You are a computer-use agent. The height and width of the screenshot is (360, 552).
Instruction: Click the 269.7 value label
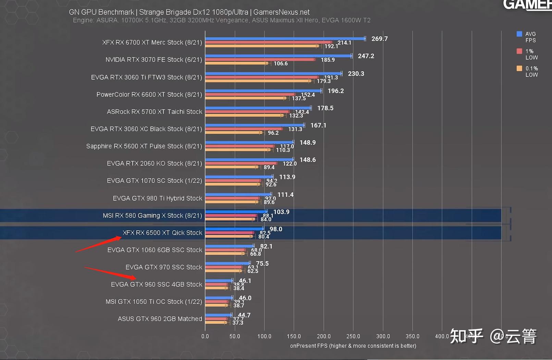[x=379, y=39]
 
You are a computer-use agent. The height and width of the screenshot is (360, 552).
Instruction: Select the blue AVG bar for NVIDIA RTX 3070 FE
[x=278, y=56]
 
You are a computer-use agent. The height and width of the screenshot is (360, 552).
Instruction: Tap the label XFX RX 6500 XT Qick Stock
[x=162, y=233]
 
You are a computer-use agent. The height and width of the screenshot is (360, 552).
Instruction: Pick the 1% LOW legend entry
[x=528, y=54]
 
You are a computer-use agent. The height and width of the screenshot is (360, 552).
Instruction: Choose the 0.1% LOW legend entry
[x=528, y=71]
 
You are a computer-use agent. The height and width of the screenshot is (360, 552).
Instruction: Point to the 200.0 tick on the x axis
[x=323, y=336]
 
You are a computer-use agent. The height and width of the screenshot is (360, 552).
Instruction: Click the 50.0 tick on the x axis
[x=235, y=336]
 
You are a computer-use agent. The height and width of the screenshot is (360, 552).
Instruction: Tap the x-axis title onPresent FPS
[x=353, y=346]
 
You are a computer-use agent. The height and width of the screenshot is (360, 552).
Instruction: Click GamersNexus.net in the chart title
[x=281, y=12]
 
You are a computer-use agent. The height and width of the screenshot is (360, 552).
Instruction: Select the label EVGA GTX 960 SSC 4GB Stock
[x=157, y=285]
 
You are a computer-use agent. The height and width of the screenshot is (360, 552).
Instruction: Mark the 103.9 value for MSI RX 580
[x=281, y=212]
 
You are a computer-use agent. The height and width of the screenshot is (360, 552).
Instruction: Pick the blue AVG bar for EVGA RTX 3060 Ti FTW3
[x=273, y=73]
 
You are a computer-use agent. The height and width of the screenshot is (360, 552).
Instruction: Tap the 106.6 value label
[x=280, y=63]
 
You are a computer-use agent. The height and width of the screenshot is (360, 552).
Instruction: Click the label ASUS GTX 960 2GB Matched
[x=160, y=319]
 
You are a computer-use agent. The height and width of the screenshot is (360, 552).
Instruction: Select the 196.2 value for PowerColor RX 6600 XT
[x=335, y=91]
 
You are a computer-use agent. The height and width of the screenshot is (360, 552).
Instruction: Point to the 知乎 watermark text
[x=466, y=336]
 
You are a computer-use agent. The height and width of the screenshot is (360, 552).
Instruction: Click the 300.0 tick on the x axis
[x=383, y=336]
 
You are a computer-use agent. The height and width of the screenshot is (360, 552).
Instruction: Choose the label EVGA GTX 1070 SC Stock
[x=154, y=181]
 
